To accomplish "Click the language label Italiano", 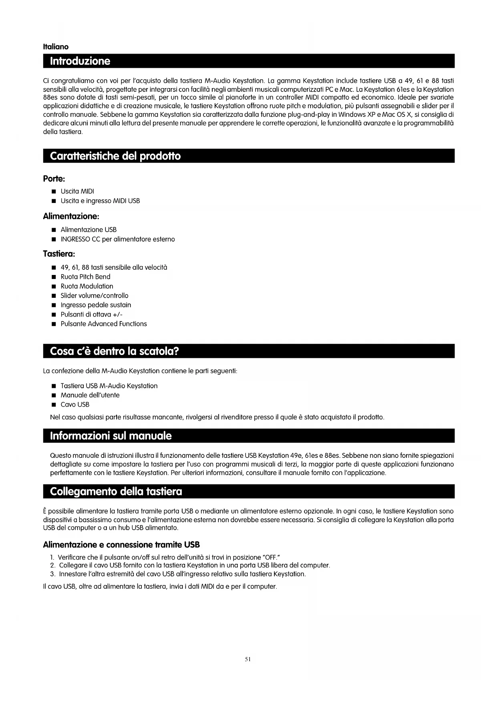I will pos(56,47).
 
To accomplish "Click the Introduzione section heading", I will pos(80,61).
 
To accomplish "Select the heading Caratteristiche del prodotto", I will pos(115,156).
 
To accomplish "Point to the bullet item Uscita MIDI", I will pos(77,191).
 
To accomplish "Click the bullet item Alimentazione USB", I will pos(89,230).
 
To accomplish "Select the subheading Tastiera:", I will pos(59,254).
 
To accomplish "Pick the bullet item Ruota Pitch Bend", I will pos(85,277).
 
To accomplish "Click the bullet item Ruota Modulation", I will pos(87,286).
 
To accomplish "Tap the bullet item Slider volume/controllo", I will pos(95,296).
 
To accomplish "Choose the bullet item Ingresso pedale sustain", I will pos(96,305).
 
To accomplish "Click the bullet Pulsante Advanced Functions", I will pos(104,324).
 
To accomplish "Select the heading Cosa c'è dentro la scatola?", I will pos(114,351).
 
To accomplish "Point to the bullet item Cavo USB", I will pos(75,405).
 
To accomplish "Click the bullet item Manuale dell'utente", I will pos(90,395).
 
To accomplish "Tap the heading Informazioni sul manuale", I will pos(111,436).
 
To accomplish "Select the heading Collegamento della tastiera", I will pos(116,491).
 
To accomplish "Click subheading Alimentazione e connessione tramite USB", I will pos(121,545).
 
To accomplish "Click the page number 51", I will pos(247,659).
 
